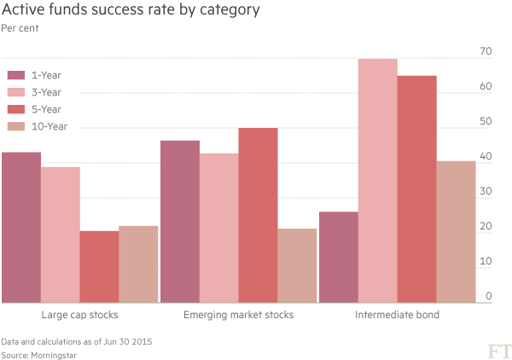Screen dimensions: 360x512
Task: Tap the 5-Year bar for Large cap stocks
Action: (x=99, y=266)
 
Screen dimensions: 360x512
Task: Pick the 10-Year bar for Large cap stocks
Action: (x=138, y=264)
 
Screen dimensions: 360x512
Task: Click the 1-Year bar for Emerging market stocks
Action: (x=179, y=221)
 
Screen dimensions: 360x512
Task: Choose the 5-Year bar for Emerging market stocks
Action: (x=258, y=215)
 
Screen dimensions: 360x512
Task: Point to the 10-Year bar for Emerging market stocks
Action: (x=297, y=265)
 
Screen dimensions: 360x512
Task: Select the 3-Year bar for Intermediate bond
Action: (x=377, y=180)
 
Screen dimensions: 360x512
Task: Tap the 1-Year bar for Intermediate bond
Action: (x=338, y=257)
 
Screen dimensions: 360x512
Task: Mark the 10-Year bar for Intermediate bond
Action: (x=456, y=231)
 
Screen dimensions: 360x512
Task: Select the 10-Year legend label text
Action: (x=49, y=127)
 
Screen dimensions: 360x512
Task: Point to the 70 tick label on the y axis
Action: (x=486, y=52)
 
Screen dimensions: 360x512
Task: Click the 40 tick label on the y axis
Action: (x=486, y=157)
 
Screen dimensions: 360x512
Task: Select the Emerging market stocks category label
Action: (x=239, y=315)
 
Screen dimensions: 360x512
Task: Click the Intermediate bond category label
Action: (x=397, y=315)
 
